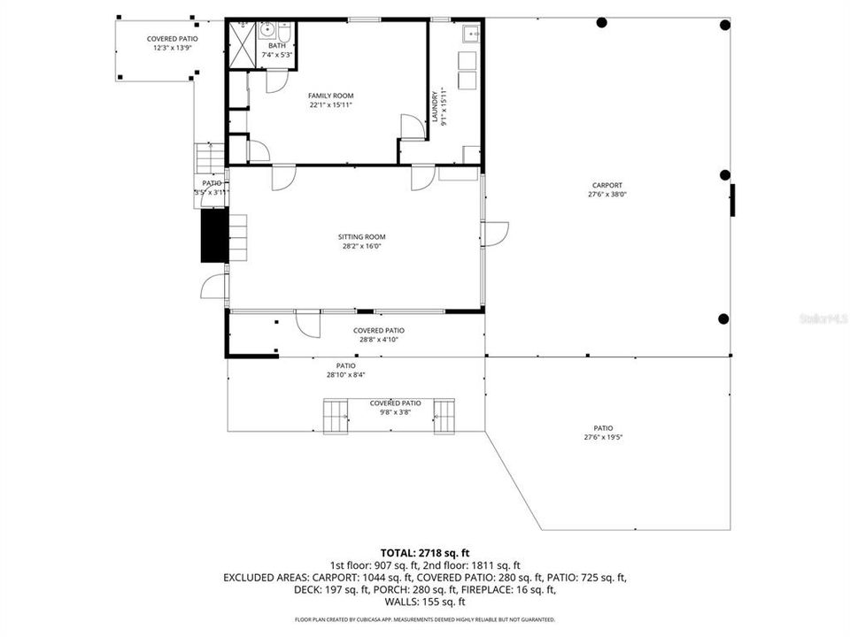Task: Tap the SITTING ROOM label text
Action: click(x=361, y=237)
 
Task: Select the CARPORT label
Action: click(x=607, y=186)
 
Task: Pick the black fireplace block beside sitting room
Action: click(x=213, y=236)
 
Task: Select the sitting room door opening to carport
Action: click(x=496, y=234)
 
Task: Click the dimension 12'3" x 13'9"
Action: click(x=172, y=49)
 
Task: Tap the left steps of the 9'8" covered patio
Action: click(x=336, y=416)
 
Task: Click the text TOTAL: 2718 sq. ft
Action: click(x=424, y=551)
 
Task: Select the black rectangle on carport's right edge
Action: click(x=732, y=200)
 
